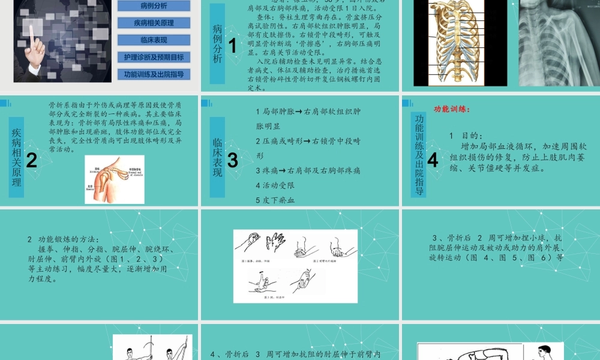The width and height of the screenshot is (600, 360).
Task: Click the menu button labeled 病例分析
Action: click(153, 6)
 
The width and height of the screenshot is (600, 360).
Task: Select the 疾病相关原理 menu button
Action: click(153, 23)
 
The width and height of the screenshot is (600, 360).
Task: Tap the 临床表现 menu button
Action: click(153, 40)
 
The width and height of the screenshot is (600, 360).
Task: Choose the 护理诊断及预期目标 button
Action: click(153, 58)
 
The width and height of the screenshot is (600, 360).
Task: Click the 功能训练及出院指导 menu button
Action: click(153, 74)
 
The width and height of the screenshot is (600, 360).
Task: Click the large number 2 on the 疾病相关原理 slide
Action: click(32, 160)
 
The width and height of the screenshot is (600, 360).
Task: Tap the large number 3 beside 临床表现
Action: click(233, 160)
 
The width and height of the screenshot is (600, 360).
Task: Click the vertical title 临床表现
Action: click(217, 157)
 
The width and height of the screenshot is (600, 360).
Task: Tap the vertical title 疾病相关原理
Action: click(16, 157)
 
